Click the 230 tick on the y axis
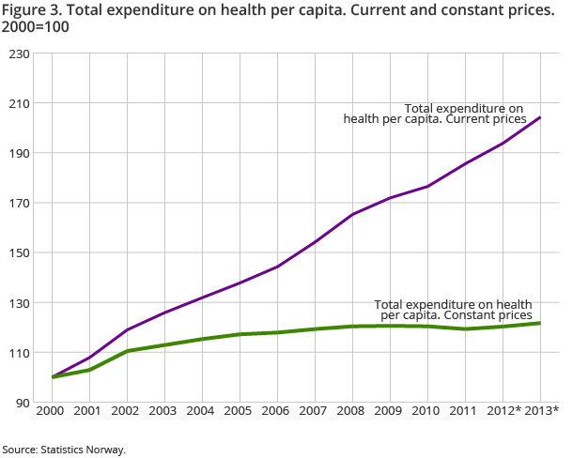tap(18, 54)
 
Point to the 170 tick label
tap(18, 204)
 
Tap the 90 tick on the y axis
tap(21, 403)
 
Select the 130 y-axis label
tap(18, 303)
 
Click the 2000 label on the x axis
tap(52, 410)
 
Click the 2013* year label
tap(542, 410)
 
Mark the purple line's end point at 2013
tap(540, 117)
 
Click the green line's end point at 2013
tap(540, 323)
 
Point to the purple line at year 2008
tap(352, 214)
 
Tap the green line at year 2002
tap(127, 351)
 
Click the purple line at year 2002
tap(127, 329)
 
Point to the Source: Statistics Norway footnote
tap(63, 450)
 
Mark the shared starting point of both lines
tap(52, 377)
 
